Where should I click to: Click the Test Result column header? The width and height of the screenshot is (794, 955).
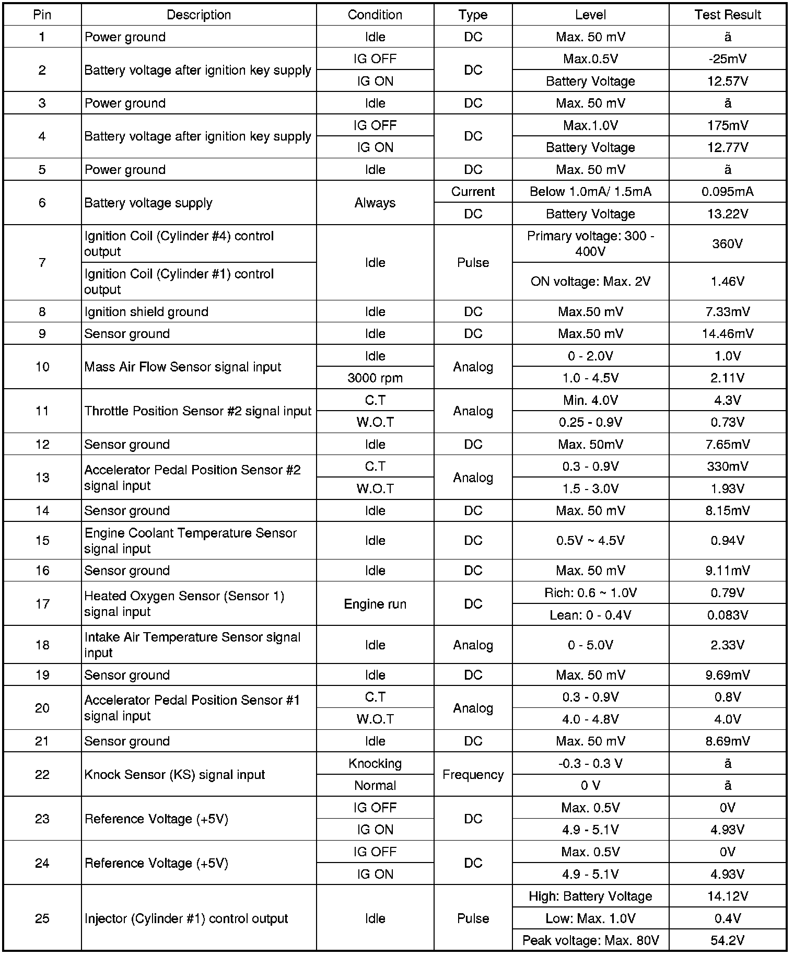click(x=727, y=15)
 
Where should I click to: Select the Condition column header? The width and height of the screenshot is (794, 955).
click(x=375, y=15)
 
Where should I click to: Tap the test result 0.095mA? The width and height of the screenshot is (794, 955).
click(x=727, y=192)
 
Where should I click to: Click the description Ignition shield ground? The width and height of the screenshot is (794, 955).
click(x=146, y=312)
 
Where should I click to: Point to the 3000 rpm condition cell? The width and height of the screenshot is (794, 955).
click(x=375, y=378)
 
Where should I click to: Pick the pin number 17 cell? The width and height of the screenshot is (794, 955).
click(x=42, y=604)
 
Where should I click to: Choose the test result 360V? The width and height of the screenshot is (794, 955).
click(x=727, y=244)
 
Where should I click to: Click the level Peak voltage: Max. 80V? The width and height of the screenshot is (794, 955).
click(x=590, y=941)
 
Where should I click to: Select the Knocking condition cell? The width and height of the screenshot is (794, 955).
click(x=375, y=764)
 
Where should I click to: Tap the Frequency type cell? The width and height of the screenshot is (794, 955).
click(x=473, y=775)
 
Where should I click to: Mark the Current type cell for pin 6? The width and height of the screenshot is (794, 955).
click(x=473, y=192)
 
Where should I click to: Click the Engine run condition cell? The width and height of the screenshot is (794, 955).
click(x=375, y=604)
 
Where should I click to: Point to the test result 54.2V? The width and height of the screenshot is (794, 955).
click(x=727, y=941)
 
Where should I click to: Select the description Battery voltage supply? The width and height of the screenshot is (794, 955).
click(x=148, y=203)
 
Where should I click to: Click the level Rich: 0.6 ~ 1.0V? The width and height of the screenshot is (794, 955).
click(x=590, y=593)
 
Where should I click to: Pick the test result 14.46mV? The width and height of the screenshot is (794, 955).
click(x=727, y=334)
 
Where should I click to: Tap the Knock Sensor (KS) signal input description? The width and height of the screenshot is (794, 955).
click(x=174, y=775)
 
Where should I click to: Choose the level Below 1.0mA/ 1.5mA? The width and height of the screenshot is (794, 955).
click(x=590, y=192)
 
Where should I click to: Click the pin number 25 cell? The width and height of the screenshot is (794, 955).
click(x=42, y=918)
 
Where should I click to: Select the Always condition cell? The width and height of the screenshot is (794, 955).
click(x=375, y=203)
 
